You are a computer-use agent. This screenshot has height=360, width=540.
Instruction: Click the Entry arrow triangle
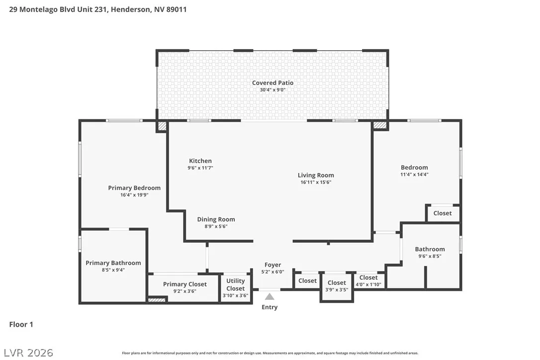point(270,297)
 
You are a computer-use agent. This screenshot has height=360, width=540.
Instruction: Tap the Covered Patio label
point(273,83)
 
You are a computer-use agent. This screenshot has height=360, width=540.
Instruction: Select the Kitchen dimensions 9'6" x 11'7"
point(200,168)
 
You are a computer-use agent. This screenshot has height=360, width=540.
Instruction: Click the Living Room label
point(316,176)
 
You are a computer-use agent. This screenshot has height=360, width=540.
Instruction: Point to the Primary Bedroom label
point(134,188)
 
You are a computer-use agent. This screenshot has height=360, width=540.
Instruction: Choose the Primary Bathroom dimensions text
point(113,270)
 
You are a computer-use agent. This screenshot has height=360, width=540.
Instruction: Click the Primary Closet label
point(185,284)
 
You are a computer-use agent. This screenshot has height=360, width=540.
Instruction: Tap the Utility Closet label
point(236,285)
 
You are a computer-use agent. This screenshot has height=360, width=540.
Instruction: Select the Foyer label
point(273,265)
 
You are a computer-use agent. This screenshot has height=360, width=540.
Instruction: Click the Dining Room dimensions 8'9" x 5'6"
point(216,227)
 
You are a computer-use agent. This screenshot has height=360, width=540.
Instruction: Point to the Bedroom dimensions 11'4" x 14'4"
point(414,175)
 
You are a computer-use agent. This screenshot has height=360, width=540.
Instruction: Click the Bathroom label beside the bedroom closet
point(430,249)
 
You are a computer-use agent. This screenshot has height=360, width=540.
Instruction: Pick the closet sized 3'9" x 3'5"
point(337,286)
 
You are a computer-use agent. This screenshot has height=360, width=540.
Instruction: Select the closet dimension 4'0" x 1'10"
point(368,284)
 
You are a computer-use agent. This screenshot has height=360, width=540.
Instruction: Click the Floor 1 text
point(21,325)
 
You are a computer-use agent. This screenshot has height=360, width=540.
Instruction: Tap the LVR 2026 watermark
point(28,353)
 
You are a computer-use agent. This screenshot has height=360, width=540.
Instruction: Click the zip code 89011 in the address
point(177,9)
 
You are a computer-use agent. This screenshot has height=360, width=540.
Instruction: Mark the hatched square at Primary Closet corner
point(157,300)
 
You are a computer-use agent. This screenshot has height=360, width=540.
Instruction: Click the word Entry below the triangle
point(270,307)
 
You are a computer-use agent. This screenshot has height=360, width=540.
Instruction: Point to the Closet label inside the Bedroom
point(443,213)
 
